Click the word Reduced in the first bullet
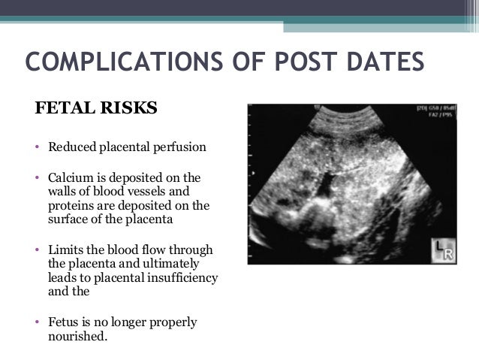(71, 146)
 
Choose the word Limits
(66, 250)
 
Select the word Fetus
(65, 322)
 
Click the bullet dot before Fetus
(38, 323)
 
